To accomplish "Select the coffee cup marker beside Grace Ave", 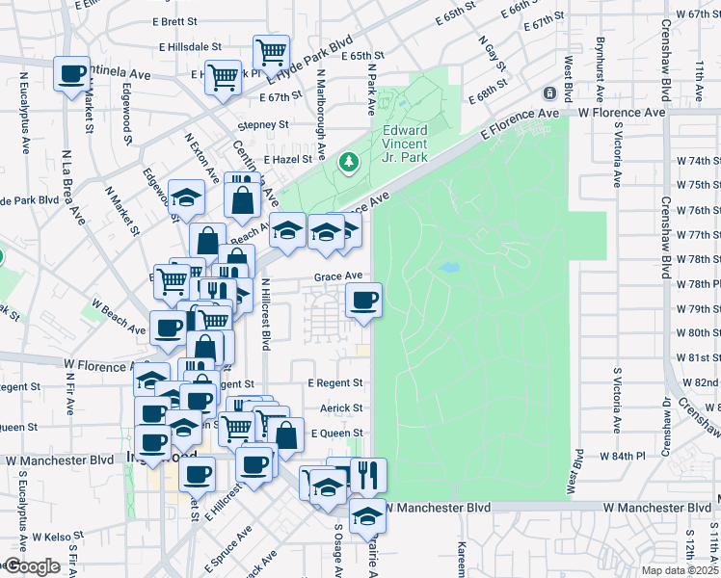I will click(x=363, y=302).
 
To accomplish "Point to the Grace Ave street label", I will click(x=336, y=276).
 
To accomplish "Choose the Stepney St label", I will click(x=263, y=124).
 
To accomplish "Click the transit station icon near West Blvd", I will click(x=548, y=93).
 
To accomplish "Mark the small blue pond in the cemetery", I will click(x=448, y=267).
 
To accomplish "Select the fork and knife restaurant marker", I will click(x=367, y=474).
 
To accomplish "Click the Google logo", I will click(x=32, y=566).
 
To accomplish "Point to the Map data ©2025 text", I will click(x=680, y=570).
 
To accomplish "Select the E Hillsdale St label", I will click(x=188, y=45).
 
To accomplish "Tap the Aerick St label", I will click(x=341, y=408).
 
